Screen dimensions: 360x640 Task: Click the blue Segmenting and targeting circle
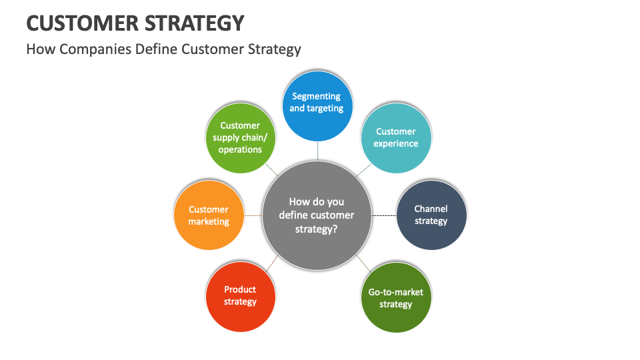click(x=317, y=105)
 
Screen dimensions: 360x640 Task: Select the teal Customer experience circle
click(x=396, y=137)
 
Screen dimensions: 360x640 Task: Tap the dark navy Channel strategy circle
click(x=431, y=215)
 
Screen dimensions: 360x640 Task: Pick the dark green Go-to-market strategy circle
click(x=396, y=297)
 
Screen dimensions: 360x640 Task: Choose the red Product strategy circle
click(x=240, y=297)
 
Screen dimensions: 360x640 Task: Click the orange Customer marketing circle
click(x=208, y=215)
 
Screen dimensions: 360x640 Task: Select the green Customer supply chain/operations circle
click(x=239, y=137)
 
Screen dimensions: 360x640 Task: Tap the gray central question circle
click(x=317, y=215)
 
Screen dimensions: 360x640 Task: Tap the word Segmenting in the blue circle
click(x=317, y=96)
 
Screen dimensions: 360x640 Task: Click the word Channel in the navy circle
click(x=431, y=209)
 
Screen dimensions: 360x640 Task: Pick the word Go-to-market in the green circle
click(x=396, y=292)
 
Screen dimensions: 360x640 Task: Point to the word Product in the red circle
click(x=240, y=289)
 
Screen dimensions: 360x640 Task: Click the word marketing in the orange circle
click(x=209, y=221)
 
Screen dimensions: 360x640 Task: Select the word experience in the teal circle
click(x=396, y=143)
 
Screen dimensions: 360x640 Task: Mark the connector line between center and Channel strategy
click(x=383, y=215)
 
